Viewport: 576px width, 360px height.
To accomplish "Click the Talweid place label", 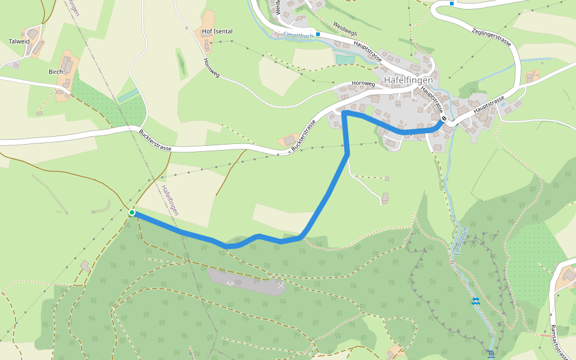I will (19, 42).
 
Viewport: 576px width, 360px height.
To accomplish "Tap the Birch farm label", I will (55, 71).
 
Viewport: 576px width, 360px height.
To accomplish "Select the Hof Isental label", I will (217, 31).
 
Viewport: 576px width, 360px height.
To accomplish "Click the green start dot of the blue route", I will (131, 212).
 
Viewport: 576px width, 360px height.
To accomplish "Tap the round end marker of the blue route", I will (443, 119).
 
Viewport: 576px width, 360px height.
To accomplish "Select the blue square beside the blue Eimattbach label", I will (318, 34).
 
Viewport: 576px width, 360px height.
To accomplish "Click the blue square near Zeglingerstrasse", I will (451, 3).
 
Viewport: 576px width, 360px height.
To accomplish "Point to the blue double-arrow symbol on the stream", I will (475, 301).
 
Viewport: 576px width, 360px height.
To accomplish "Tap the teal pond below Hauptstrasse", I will (345, 59).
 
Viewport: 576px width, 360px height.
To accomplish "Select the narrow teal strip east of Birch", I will (128, 95).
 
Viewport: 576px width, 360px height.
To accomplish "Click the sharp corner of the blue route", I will (344, 112).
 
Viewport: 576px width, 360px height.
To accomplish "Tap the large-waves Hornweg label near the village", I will (363, 84).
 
